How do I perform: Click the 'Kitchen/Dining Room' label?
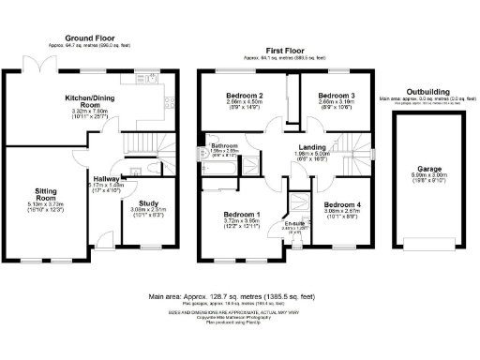coord(90,102)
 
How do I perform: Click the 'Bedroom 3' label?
coord(334,96)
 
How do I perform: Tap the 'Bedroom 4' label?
coord(339,204)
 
